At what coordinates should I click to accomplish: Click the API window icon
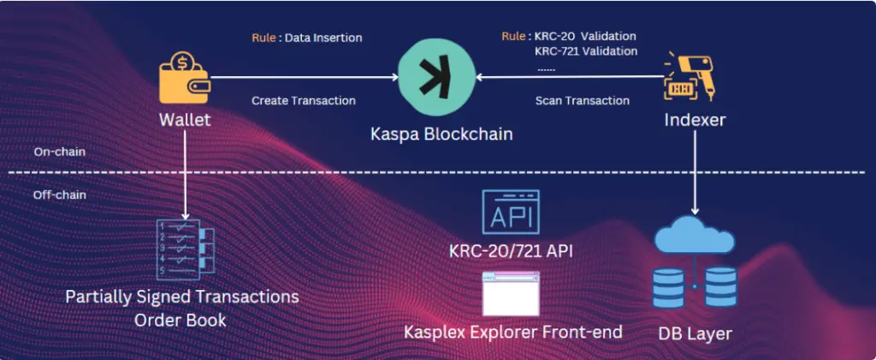(x=511, y=211)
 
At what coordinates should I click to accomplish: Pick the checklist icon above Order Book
(x=186, y=250)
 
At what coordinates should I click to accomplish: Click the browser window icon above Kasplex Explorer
(x=511, y=293)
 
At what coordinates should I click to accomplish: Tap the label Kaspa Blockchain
(x=441, y=134)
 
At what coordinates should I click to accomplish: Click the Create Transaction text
(x=304, y=101)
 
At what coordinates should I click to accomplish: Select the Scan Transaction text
(x=582, y=101)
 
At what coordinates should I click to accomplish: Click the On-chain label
(x=57, y=152)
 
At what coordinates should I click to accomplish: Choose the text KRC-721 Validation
(x=586, y=51)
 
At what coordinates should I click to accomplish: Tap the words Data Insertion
(x=323, y=38)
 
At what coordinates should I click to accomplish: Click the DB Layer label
(x=695, y=333)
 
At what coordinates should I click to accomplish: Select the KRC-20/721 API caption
(x=512, y=251)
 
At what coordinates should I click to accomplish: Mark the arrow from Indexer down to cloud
(x=695, y=174)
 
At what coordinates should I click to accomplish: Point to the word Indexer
(x=694, y=120)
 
